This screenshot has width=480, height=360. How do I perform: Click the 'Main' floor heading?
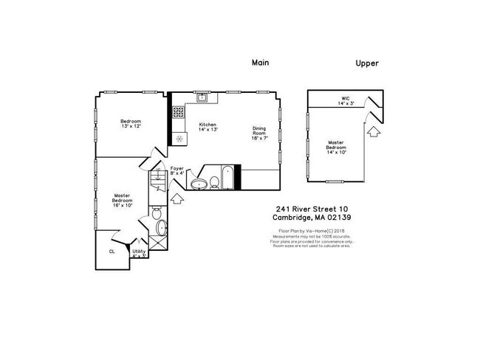[260, 63]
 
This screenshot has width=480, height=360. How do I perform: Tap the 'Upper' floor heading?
[367, 63]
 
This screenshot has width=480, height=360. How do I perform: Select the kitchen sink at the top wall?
[202, 97]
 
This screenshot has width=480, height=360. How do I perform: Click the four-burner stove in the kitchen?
[178, 113]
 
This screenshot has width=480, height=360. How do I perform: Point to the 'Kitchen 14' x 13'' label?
[208, 127]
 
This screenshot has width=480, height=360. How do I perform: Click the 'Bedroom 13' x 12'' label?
[131, 123]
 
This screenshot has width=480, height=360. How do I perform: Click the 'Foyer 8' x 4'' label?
[177, 171]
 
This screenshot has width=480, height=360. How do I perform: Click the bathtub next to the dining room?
[227, 179]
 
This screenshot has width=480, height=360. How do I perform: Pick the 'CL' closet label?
[112, 251]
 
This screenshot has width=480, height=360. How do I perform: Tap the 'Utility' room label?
[139, 253]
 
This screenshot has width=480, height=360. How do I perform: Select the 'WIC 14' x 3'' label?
[345, 100]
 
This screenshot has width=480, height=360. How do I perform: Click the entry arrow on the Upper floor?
[374, 131]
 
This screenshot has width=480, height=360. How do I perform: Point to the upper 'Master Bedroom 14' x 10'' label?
[336, 147]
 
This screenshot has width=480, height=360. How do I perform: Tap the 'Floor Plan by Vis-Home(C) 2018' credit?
[310, 231]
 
